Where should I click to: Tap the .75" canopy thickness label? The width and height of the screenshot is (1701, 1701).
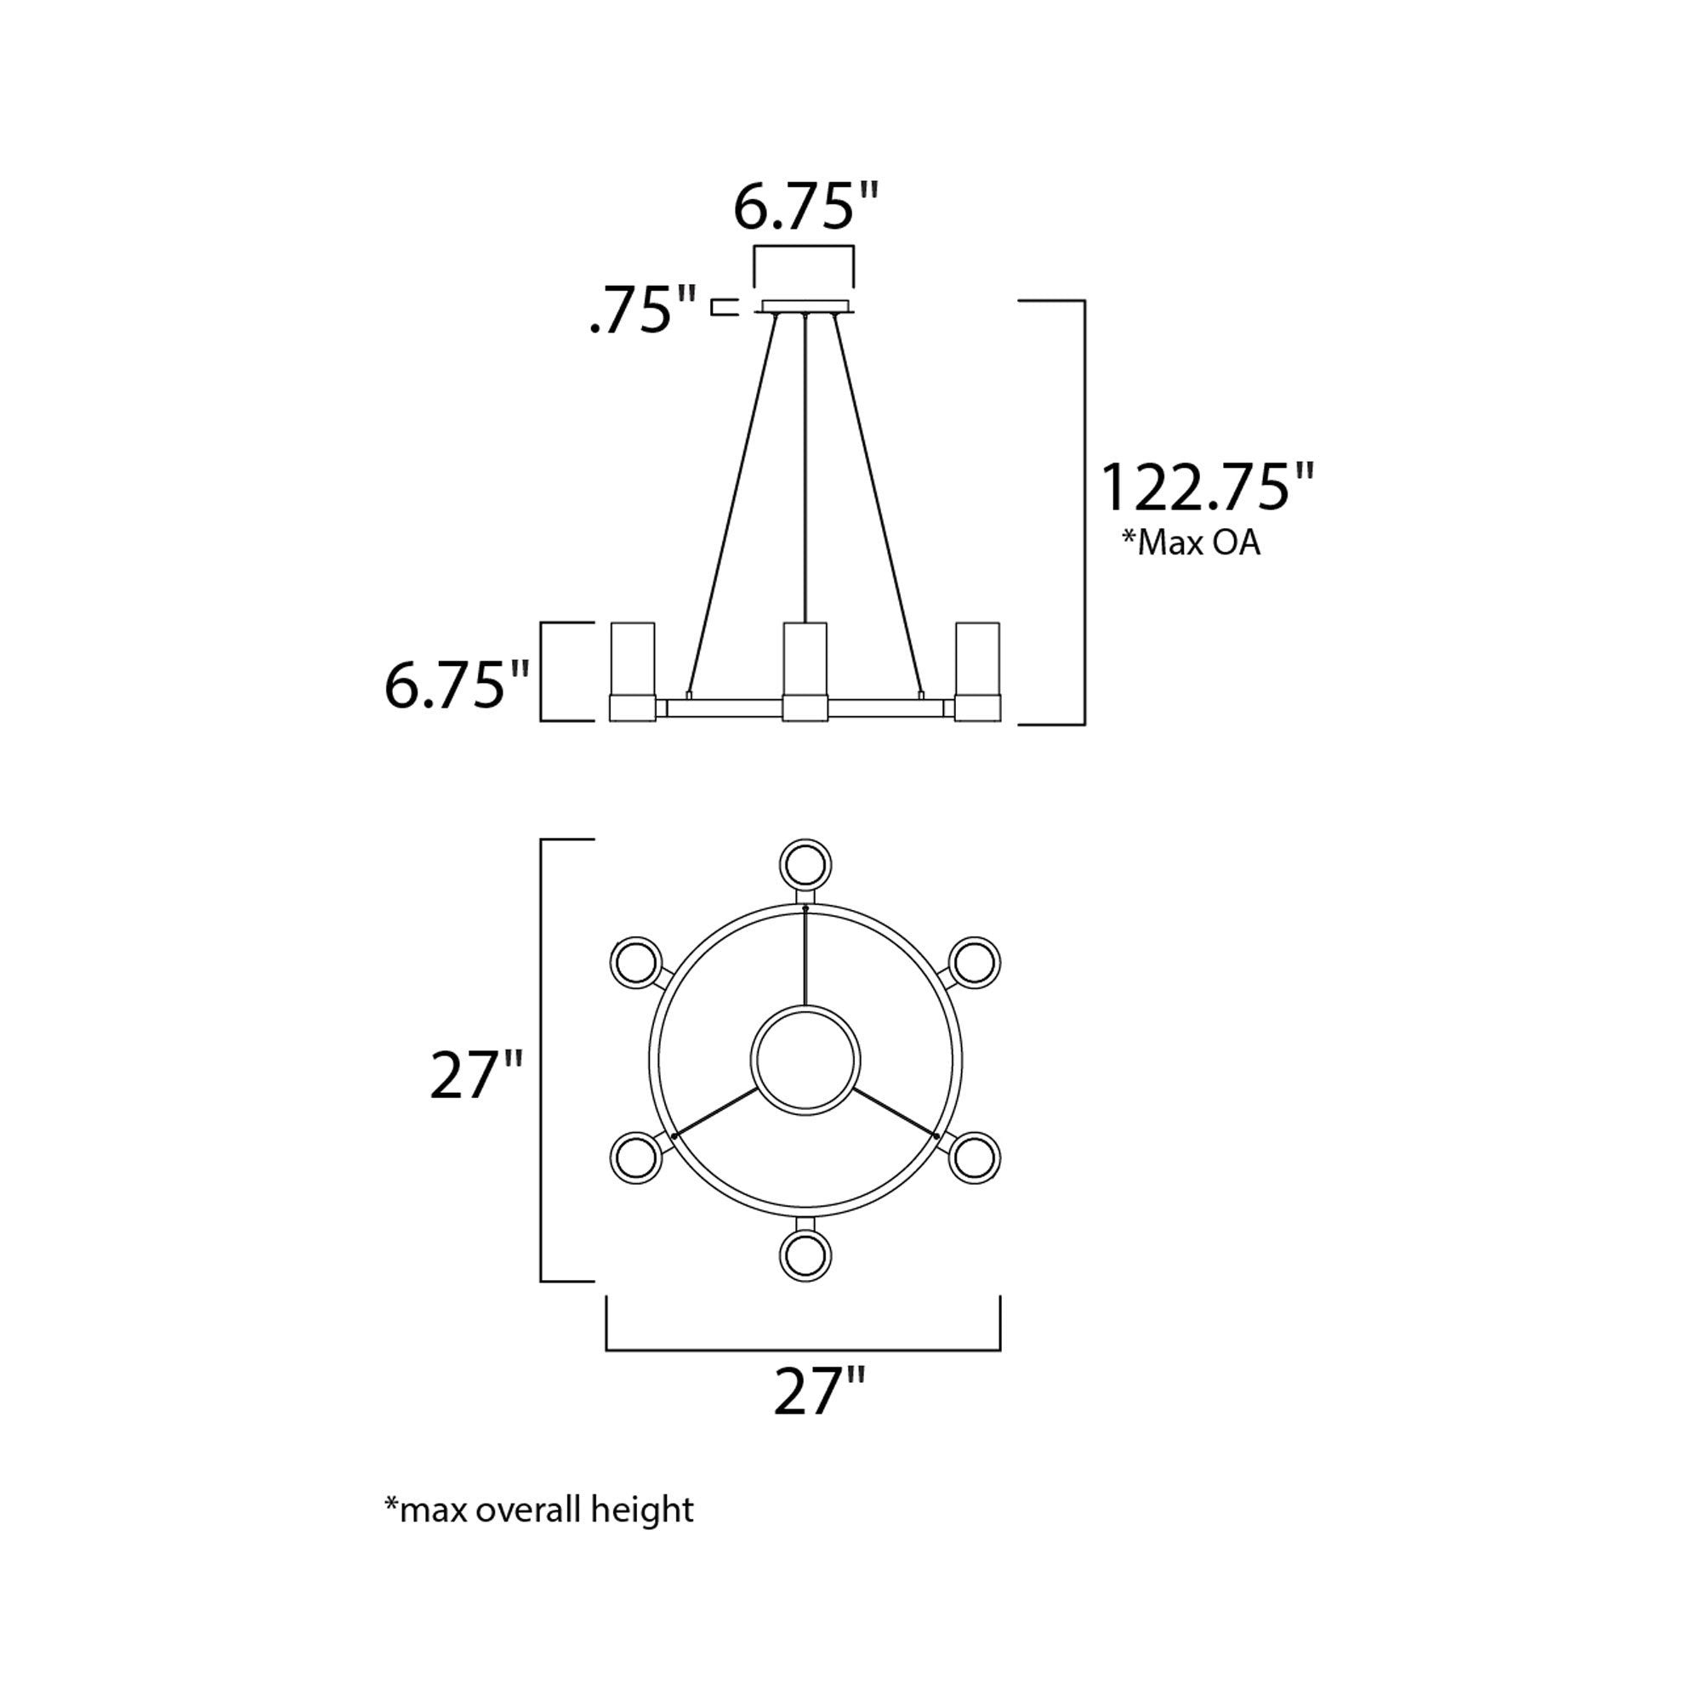pos(642,309)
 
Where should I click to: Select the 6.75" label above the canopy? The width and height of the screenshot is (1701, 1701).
pos(805,208)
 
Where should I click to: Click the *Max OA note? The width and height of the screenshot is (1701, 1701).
pos(1191,543)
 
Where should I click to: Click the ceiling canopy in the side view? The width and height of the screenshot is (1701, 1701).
pos(805,306)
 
